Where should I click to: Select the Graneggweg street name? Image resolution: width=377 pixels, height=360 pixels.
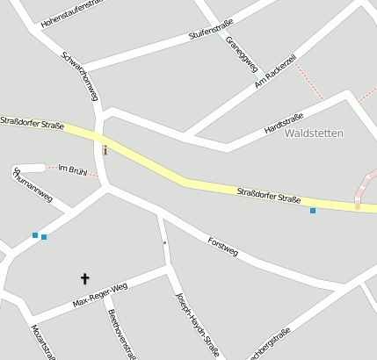241,53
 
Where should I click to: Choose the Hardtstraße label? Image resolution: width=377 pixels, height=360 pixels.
284,124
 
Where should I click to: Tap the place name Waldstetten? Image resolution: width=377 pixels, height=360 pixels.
315,133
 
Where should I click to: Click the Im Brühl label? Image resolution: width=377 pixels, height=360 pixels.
72,169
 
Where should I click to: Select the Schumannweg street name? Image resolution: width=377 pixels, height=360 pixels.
33,184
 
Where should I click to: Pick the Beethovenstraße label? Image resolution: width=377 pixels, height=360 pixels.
121,334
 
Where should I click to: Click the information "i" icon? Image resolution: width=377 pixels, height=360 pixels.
105,150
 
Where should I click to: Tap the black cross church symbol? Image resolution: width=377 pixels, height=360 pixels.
85,278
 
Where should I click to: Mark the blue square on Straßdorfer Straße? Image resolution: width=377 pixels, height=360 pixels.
312,211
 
